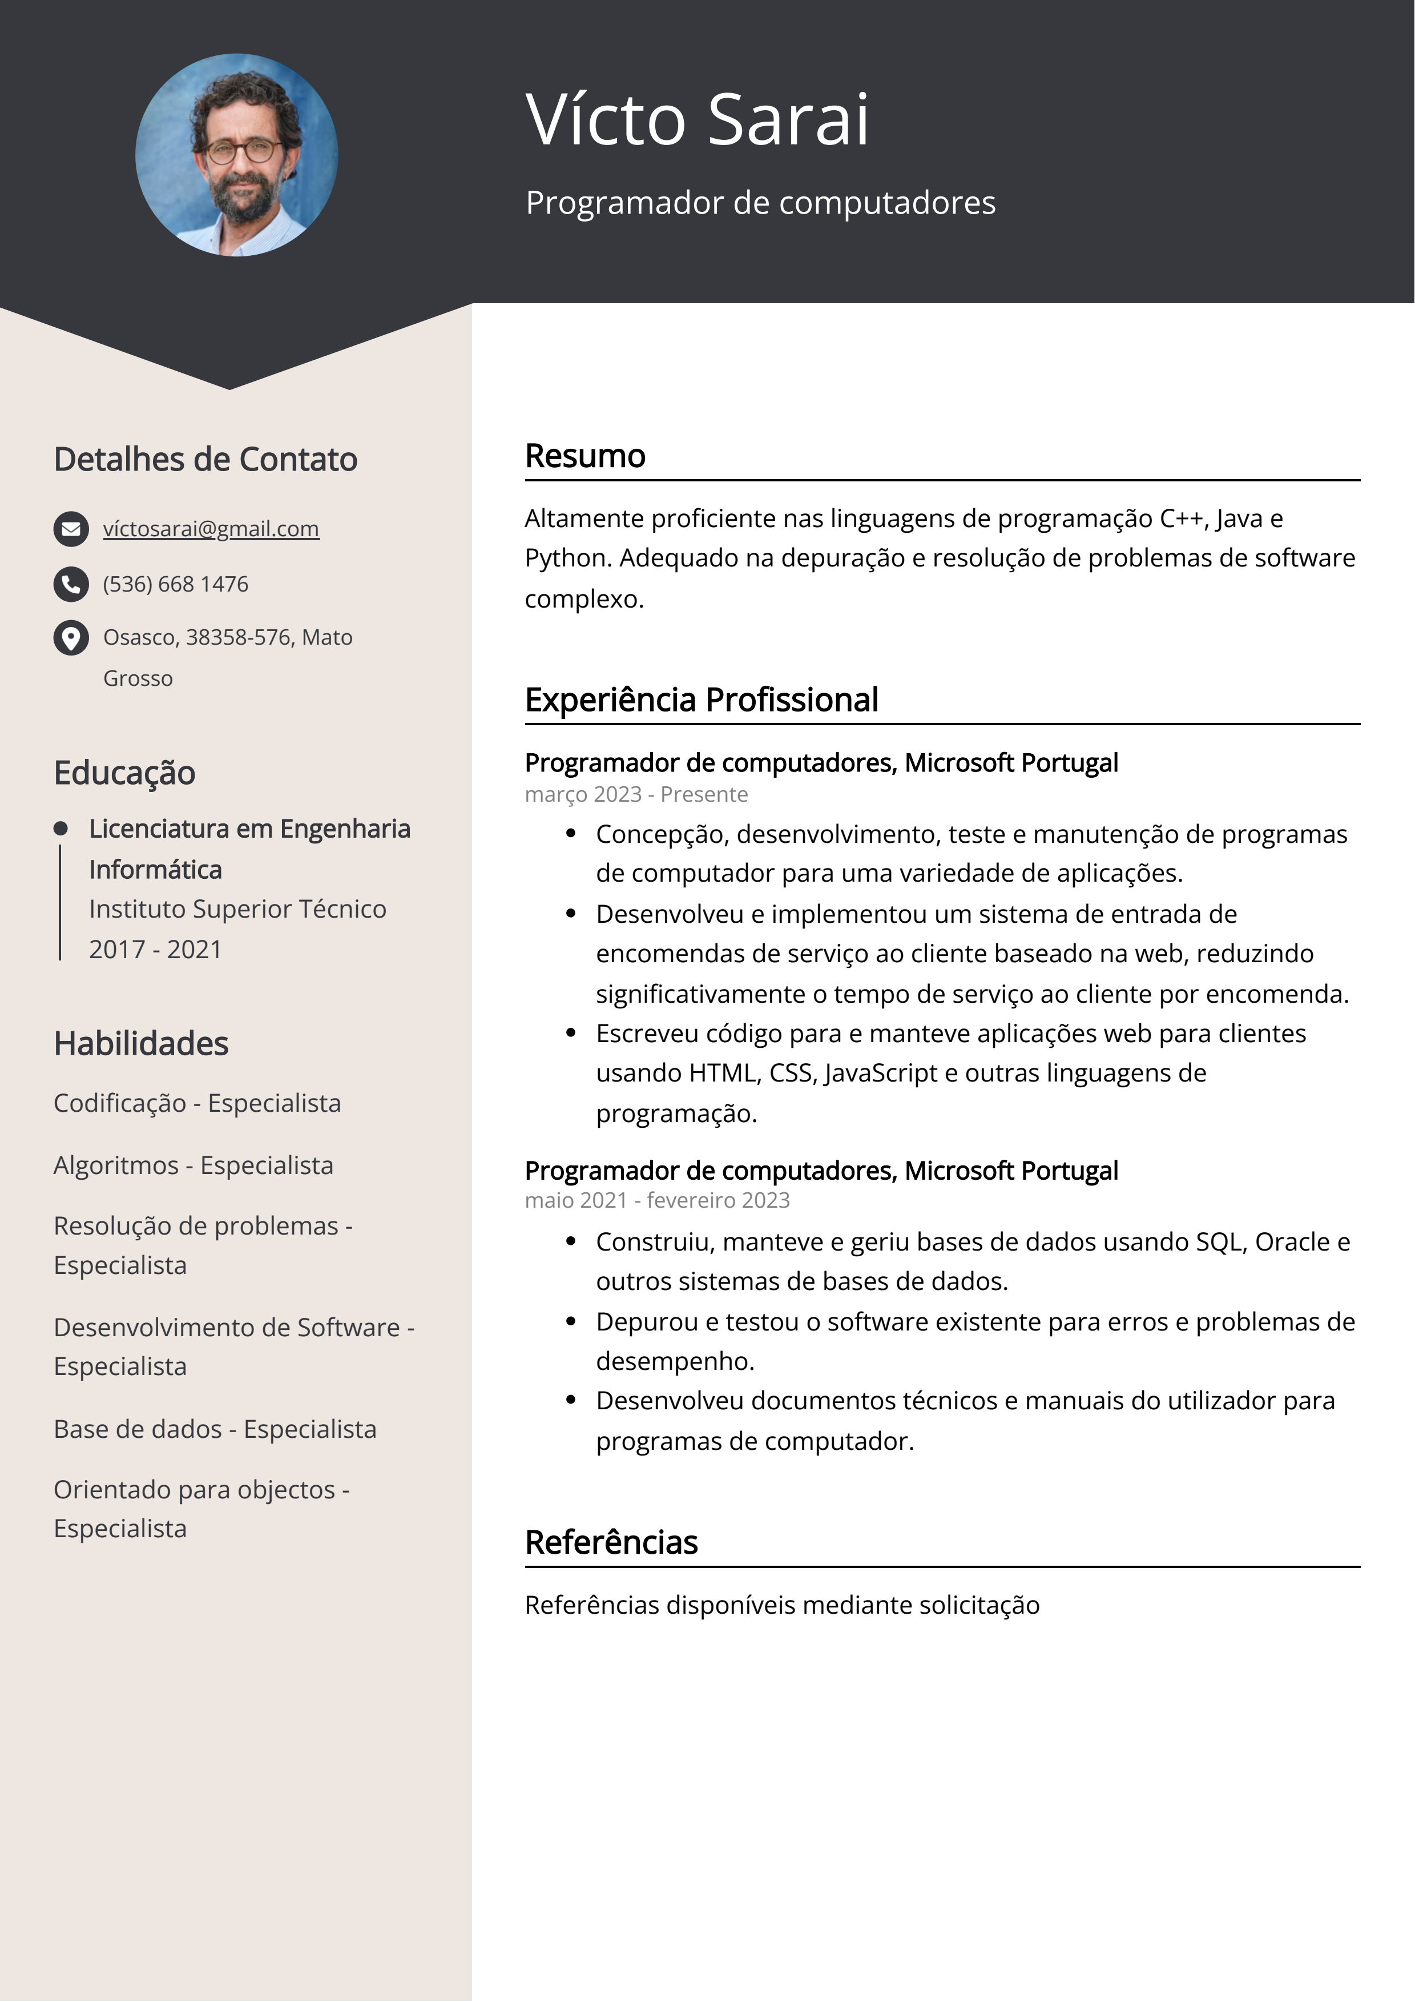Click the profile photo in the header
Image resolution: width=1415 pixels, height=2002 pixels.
[x=236, y=155]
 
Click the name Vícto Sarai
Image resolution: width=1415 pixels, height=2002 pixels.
[x=698, y=119]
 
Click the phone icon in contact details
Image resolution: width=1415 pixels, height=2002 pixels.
[x=71, y=584]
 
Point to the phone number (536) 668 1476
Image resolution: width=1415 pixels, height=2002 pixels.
[x=175, y=584]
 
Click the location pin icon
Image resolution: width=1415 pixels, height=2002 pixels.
[x=71, y=637]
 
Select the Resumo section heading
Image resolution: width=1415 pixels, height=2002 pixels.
[x=585, y=456]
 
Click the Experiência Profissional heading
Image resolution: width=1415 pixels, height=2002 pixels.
[x=701, y=700]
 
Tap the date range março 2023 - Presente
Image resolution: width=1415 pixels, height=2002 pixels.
[x=635, y=794]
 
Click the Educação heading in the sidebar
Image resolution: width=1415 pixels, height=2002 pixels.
[x=124, y=773]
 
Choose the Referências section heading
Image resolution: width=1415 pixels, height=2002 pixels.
[x=611, y=1542]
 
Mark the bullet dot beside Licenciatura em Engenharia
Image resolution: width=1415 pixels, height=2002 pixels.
[x=60, y=829]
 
